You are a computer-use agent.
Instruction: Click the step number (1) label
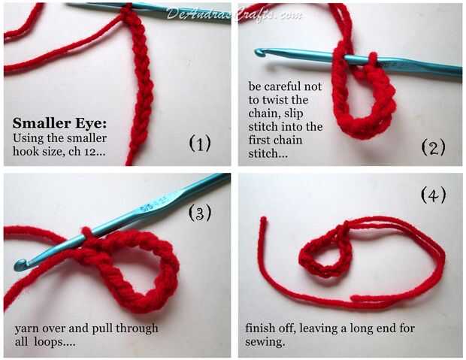tap(200, 143)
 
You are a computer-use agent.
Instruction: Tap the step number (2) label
tap(434, 147)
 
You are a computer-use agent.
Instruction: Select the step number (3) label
tap(200, 213)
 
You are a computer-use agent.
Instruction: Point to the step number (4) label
tap(434, 195)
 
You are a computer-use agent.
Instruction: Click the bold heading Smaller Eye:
tap(59, 123)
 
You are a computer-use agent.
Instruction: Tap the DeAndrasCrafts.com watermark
tap(234, 14)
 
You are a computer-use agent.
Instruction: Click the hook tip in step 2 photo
tap(259, 53)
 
